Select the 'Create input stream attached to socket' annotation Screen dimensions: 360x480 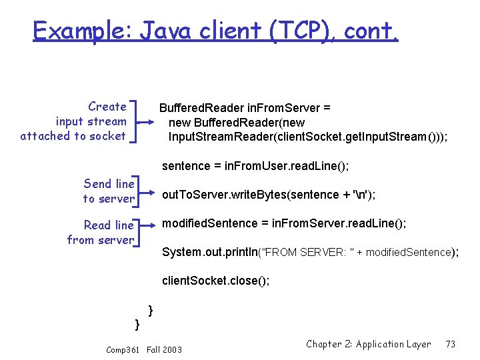tap(73, 121)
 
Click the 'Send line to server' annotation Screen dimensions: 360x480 tap(109, 191)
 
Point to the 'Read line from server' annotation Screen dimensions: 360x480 tap(100, 232)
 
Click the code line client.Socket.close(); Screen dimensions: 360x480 tap(215, 281)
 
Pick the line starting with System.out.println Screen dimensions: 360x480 tap(309, 252)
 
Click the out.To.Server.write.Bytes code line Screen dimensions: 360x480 tap(269, 195)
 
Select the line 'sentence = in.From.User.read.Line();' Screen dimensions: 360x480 tap(255, 165)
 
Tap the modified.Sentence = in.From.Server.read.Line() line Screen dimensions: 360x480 tap(283, 223)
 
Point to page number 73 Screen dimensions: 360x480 tap(451, 344)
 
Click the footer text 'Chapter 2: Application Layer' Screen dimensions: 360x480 tap(368, 344)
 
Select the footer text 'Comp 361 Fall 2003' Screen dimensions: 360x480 tap(144, 349)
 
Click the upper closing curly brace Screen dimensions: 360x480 tap(151, 309)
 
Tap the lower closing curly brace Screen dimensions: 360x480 tap(137, 324)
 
